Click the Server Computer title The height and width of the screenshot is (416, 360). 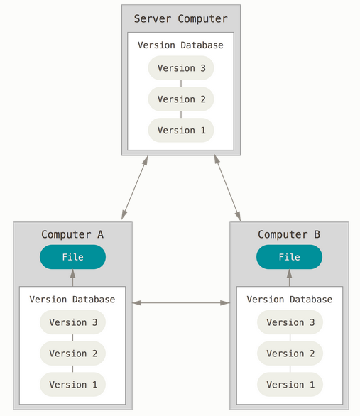180,19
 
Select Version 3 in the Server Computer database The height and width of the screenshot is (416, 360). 181,68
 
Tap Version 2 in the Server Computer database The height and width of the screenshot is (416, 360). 181,99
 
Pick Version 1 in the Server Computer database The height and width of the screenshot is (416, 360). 181,130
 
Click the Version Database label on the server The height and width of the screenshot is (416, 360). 180,45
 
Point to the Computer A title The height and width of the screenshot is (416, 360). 72,234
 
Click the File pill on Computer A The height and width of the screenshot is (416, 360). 72,257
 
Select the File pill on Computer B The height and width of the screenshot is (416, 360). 290,257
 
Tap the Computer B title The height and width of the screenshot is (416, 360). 289,234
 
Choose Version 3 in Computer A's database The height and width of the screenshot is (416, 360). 72,322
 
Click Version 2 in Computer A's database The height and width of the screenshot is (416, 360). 72,354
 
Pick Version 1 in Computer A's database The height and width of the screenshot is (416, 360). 72,385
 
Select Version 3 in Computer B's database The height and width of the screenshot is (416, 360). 290,322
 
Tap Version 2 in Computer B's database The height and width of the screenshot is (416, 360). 290,354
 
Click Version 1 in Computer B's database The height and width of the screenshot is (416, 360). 290,385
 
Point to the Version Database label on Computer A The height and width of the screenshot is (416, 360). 72,300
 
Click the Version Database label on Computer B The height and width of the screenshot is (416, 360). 290,300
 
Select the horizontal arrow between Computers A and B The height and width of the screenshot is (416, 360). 181,302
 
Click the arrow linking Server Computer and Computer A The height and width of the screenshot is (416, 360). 135,187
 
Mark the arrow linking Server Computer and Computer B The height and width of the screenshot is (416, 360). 227,187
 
